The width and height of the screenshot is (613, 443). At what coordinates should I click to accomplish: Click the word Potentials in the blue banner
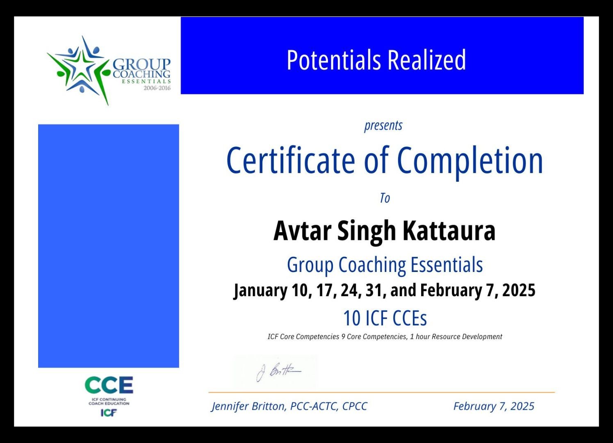tap(334, 59)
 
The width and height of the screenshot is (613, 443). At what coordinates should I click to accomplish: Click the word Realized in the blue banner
tap(427, 59)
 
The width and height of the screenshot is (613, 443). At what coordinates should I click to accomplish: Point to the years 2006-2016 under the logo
tap(157, 88)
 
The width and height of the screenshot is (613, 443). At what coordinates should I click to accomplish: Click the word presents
tap(383, 126)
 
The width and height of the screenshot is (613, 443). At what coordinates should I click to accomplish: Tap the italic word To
tap(385, 198)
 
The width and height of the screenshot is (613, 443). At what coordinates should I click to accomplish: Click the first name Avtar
tap(302, 231)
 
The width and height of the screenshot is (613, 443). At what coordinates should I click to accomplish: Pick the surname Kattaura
tap(449, 231)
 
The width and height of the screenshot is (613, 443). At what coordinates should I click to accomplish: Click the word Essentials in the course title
tap(447, 265)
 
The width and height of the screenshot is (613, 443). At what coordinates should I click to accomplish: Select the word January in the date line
tap(260, 291)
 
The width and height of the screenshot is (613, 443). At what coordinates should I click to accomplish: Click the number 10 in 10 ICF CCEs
tap(352, 318)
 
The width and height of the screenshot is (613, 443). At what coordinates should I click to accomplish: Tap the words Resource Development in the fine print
tap(467, 336)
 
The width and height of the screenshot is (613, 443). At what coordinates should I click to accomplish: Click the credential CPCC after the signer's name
tap(355, 406)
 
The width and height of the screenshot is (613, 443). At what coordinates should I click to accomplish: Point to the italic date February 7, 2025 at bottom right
tap(494, 406)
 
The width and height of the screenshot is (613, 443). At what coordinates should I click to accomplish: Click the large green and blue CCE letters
tap(109, 385)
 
